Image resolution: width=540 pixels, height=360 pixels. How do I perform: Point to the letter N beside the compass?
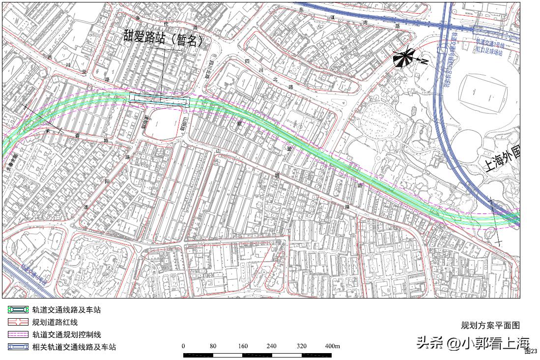424,61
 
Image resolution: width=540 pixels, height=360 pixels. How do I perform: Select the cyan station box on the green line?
160,100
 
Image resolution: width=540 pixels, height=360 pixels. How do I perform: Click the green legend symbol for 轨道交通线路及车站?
18,310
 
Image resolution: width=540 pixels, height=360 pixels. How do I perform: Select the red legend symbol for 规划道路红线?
18,323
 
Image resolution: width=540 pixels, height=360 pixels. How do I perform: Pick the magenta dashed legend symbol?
18,335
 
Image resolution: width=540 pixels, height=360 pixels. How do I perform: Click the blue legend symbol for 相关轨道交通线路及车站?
18,347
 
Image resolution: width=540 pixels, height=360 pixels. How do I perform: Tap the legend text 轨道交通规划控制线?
66,335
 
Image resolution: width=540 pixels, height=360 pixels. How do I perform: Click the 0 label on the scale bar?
183,346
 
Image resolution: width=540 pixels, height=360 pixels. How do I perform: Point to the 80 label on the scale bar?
213,346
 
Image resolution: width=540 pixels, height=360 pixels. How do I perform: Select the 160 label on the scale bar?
242,346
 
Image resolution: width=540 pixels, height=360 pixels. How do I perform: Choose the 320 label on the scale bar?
301,346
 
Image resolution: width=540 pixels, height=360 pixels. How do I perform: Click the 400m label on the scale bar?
332,346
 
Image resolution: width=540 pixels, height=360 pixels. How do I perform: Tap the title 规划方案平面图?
490,325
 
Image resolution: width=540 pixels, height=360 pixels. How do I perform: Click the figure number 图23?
531,351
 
